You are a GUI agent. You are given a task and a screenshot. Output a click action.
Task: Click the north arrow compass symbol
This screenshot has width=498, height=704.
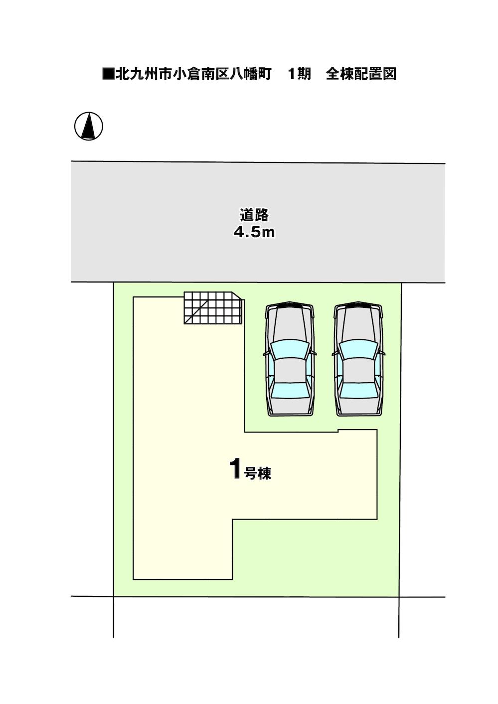point(89,126)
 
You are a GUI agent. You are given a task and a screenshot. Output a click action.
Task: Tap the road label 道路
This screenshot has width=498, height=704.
point(254,216)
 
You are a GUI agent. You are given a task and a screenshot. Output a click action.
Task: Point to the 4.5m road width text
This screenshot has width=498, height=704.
point(254,232)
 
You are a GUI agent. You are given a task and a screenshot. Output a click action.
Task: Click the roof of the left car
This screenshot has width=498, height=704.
point(290,370)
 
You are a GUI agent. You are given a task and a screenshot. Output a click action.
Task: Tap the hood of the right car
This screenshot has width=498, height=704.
point(358,324)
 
